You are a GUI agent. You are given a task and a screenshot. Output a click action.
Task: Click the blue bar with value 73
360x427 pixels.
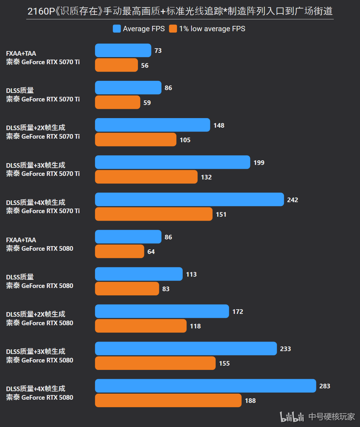[123, 50]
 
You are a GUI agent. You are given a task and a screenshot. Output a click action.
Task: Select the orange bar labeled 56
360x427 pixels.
[116, 65]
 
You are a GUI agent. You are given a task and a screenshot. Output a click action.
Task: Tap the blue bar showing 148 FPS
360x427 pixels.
[153, 125]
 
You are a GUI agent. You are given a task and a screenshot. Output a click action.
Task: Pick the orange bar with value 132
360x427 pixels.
[146, 177]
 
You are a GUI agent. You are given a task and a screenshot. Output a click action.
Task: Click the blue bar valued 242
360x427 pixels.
[189, 199]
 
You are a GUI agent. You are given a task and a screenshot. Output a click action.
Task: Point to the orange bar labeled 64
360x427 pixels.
[120, 251]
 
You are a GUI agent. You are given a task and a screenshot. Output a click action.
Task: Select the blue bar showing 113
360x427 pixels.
[139, 274]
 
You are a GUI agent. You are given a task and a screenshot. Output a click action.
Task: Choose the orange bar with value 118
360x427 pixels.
[141, 326]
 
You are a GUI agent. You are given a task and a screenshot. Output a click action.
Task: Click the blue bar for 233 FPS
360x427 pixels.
[186, 349]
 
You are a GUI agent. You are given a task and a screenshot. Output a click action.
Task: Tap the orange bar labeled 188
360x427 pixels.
[168, 400]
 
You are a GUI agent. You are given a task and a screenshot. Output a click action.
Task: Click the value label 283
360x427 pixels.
[325, 386]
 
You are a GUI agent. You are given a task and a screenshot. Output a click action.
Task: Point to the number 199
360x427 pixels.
[259, 162]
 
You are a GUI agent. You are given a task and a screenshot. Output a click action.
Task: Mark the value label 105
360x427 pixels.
[185, 140]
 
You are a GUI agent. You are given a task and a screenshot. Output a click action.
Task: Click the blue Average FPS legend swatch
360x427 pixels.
[117, 29]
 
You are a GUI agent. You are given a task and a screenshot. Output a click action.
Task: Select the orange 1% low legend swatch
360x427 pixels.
[173, 29]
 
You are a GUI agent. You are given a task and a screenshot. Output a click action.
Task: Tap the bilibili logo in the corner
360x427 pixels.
[292, 417]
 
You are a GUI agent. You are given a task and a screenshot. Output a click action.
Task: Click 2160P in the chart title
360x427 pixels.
[41, 11]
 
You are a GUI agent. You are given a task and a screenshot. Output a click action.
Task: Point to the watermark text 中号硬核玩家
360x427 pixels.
[332, 417]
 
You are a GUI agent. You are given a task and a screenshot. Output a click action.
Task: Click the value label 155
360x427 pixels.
[225, 363]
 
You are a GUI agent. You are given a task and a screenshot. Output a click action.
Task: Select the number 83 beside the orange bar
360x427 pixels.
[166, 289]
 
